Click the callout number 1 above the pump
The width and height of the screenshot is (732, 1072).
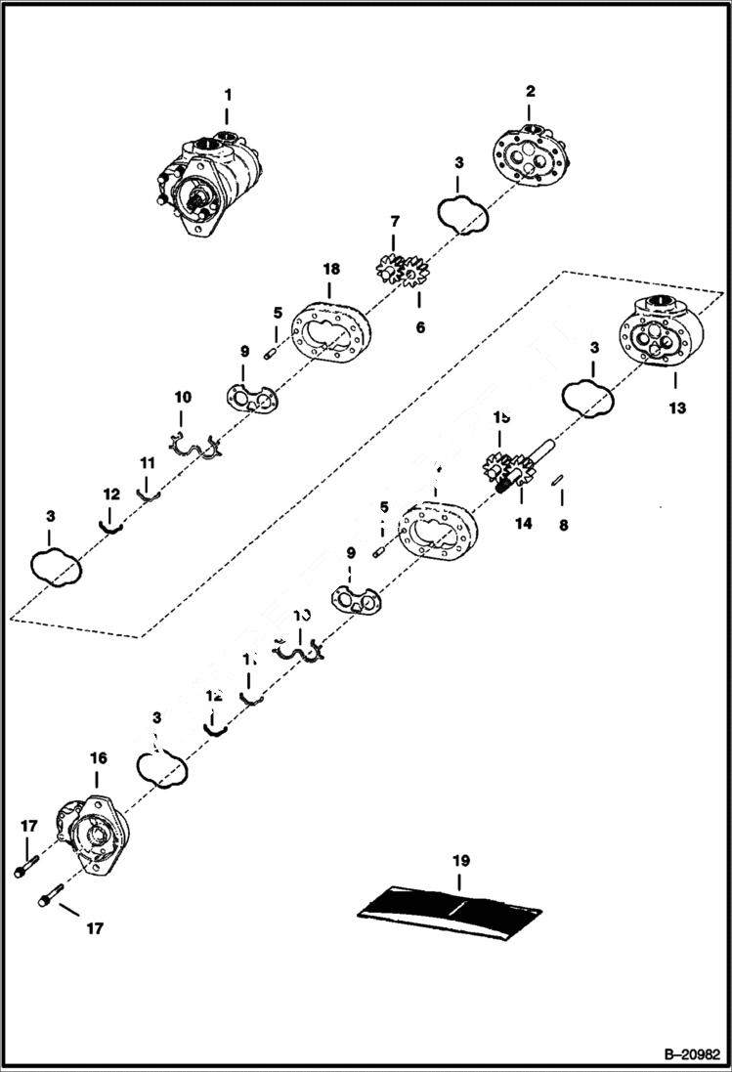228,95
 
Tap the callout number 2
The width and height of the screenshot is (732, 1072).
530,92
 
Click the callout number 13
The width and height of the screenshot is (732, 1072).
677,408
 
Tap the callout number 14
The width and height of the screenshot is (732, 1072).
524,524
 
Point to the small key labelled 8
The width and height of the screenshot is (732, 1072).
558,479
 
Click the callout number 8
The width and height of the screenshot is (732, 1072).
563,525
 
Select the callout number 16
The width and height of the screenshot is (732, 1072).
98,758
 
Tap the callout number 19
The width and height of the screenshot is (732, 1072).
461,861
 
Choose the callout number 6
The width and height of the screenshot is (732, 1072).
420,328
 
